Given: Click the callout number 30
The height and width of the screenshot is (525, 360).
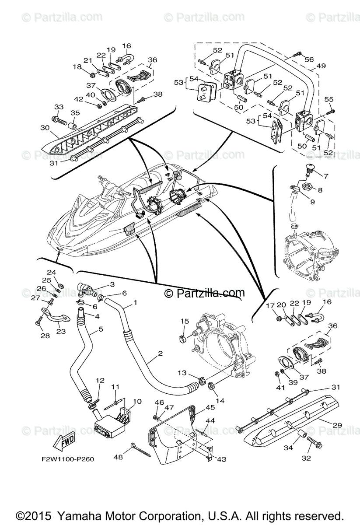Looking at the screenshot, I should pyautogui.click(x=44, y=128).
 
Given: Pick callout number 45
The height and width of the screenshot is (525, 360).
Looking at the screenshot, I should pyautogui.click(x=198, y=407).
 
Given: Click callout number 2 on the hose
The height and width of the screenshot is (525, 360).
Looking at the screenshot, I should pyautogui.click(x=160, y=353).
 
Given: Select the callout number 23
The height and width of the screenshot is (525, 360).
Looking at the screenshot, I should pyautogui.click(x=61, y=332).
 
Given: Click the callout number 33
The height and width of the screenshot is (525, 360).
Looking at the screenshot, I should pyautogui.click(x=59, y=107).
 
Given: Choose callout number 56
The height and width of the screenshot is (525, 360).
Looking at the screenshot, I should pyautogui.click(x=309, y=60).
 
